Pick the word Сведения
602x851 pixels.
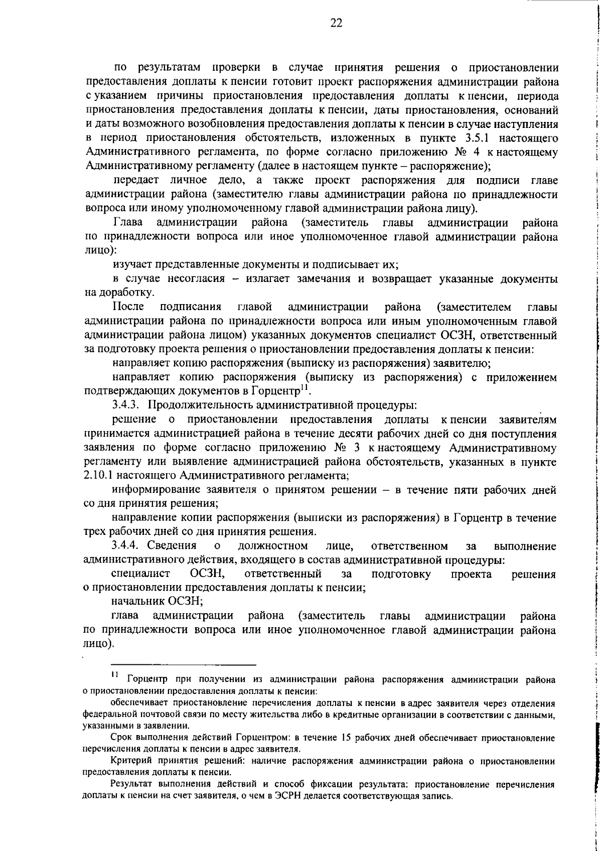tap(171, 546)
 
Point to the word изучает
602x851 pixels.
tap(131, 264)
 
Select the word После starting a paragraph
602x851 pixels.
tap(128, 307)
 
